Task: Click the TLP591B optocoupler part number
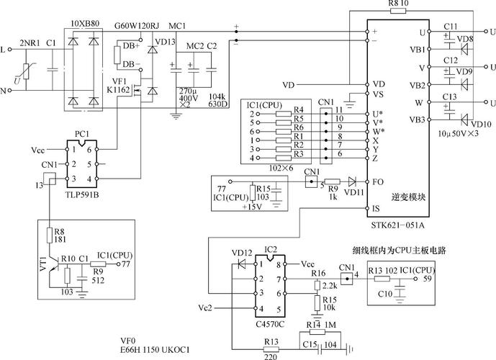(81, 194)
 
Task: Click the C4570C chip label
(270, 324)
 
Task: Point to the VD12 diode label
(242, 253)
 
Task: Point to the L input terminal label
(9, 50)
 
